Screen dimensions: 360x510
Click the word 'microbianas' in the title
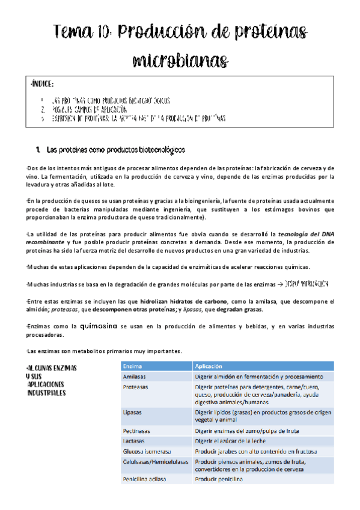[180, 60]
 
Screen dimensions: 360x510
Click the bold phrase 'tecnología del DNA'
[301, 233]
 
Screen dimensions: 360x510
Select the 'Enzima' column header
[133, 366]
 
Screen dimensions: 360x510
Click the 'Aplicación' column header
[209, 366]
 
